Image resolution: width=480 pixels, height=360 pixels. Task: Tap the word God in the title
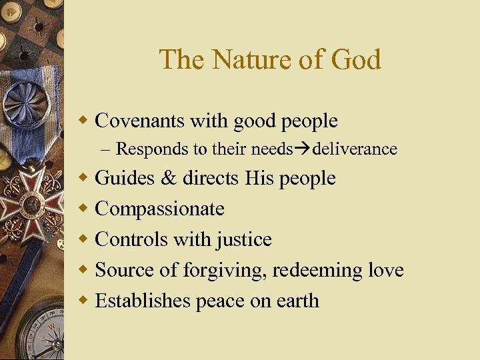coord(353,59)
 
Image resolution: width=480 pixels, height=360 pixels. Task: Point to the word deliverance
coord(355,149)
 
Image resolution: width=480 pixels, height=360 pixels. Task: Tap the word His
coord(258,178)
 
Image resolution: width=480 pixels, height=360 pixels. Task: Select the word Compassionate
coord(160,209)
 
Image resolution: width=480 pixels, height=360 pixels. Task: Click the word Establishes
coord(143,301)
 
